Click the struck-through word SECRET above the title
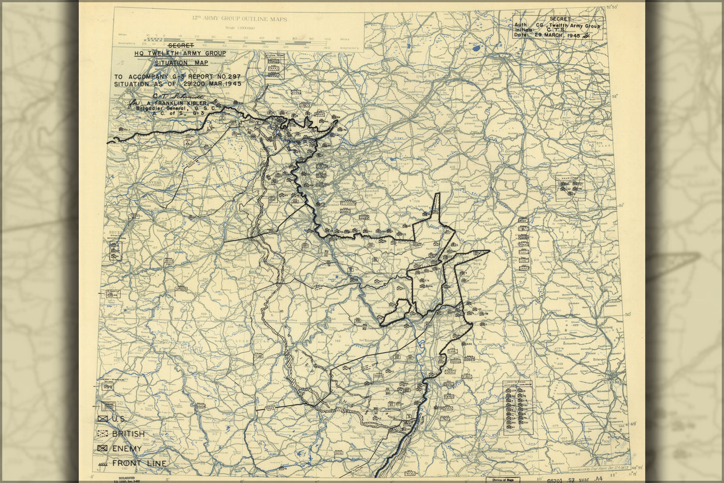pos(181,46)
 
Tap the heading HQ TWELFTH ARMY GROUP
pos(180,54)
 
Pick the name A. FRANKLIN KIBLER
pos(174,103)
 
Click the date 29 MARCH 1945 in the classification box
pos(556,35)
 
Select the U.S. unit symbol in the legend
pos(103,419)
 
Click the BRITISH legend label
pos(128,434)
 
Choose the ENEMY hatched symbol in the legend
pos(103,448)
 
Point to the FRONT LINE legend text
pos(139,463)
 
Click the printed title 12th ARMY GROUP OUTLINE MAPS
pos(239,19)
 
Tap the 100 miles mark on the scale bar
pos(327,39)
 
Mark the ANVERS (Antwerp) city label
pos(145,183)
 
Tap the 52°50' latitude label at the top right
pos(612,7)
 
